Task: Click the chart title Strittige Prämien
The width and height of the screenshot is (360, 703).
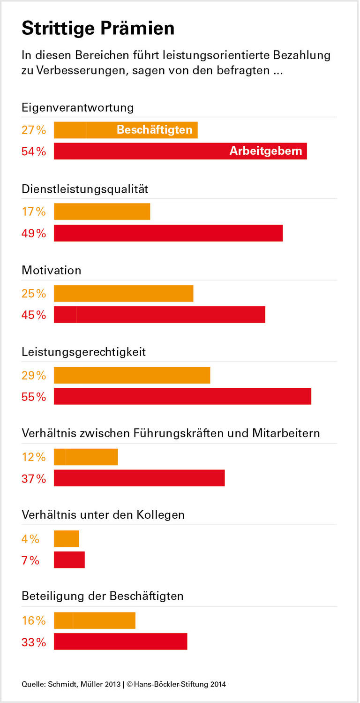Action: click(98, 29)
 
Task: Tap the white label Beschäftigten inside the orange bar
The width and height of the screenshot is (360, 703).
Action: click(154, 130)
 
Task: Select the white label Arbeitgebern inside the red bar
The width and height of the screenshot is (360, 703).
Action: click(265, 151)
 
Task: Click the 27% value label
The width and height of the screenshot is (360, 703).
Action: click(34, 130)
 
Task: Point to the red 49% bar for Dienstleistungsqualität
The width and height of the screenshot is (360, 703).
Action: click(168, 233)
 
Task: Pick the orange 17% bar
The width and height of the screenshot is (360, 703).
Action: click(102, 212)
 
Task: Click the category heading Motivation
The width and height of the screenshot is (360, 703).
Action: click(52, 271)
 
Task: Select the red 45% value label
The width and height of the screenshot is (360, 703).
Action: click(34, 315)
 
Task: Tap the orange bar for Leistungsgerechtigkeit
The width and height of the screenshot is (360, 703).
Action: click(132, 375)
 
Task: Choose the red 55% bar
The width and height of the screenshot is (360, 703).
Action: click(182, 396)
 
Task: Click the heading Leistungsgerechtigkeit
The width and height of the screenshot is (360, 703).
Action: click(84, 352)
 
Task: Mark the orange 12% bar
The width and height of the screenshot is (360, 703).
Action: click(86, 457)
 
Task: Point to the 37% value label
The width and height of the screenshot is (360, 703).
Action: click(34, 478)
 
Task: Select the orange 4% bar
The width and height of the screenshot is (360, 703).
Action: click(67, 538)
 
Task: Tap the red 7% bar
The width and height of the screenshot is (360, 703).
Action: click(69, 560)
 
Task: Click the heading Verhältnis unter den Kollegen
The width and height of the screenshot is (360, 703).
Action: click(103, 514)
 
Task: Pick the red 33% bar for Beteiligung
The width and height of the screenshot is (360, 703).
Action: click(120, 642)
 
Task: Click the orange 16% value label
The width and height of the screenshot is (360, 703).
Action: click(34, 620)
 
